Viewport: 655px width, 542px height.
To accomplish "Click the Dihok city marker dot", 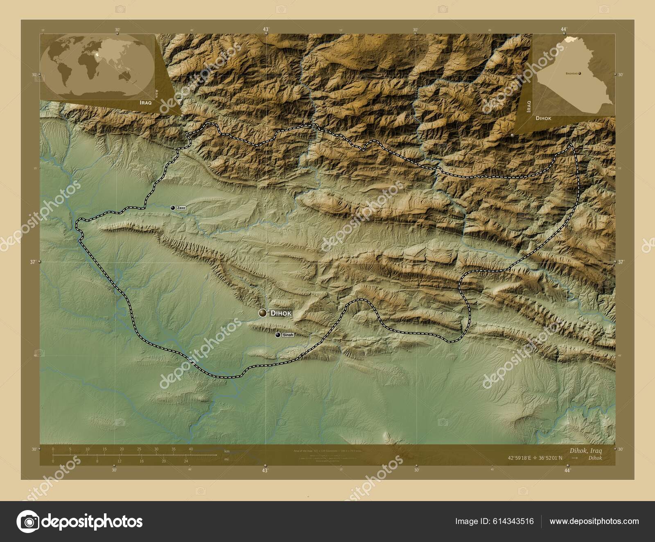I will coord(262,313).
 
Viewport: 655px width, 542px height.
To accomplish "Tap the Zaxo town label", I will coord(181,208).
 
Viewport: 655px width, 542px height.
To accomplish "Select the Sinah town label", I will coord(288,335).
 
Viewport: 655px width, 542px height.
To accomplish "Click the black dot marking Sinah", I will coord(278,335).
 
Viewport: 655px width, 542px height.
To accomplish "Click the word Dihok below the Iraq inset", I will coord(543,118).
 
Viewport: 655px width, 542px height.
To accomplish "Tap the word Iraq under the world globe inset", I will coord(145,103).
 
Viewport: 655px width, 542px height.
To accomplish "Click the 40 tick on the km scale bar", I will coord(191,449).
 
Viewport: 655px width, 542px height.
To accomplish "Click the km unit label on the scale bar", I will coord(226,451).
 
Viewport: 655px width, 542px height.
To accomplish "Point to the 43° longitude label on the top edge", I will coord(266,29).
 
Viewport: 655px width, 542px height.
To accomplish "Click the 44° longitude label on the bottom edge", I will coord(567,471).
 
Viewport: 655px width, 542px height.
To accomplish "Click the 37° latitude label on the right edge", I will coord(621,262).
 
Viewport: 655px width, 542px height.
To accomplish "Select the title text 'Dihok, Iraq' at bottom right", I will coord(585,450).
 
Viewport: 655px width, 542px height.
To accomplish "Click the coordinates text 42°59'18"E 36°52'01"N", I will coord(535,458).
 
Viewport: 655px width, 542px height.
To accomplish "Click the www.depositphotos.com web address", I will coord(594,521).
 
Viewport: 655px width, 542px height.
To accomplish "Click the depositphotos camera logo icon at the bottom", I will coord(28,522).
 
